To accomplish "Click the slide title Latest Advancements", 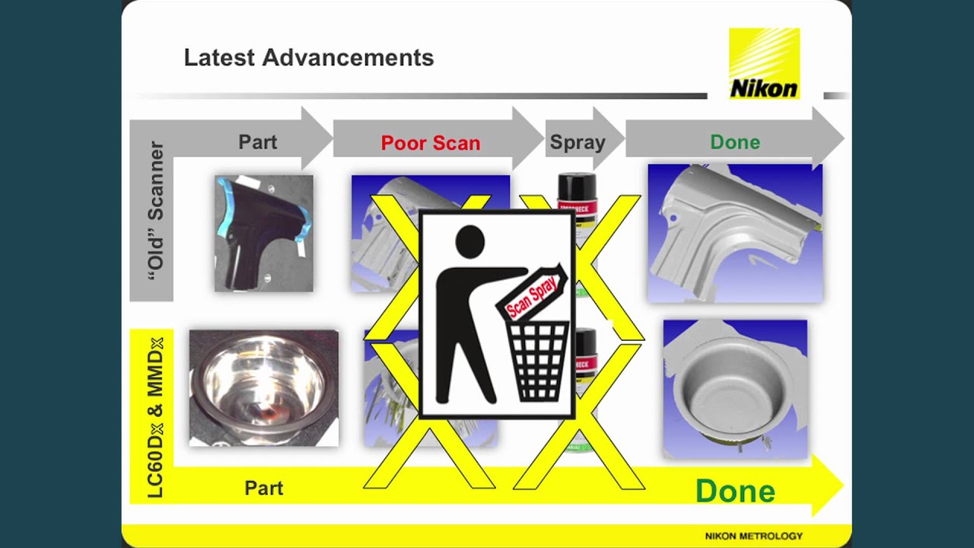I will pos(308,58).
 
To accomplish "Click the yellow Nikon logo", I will pos(764,64).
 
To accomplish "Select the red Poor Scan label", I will pos(430,143).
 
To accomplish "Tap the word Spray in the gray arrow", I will pos(578,142).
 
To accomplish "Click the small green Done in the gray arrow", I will pos(734,142).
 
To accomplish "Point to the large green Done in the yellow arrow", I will pos(735,491).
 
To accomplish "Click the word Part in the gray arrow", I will pos(258,142).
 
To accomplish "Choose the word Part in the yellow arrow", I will pos(264,488).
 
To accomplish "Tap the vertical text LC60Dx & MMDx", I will pos(155,417).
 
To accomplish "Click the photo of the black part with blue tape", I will pos(263,233).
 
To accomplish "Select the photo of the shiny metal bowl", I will pos(263,387).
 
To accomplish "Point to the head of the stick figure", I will pos(469,242).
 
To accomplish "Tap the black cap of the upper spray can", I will pos(577,185).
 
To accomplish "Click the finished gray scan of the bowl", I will pos(734,389).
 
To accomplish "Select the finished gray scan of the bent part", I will pos(734,233).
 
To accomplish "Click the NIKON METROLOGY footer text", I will pos(753,536).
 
